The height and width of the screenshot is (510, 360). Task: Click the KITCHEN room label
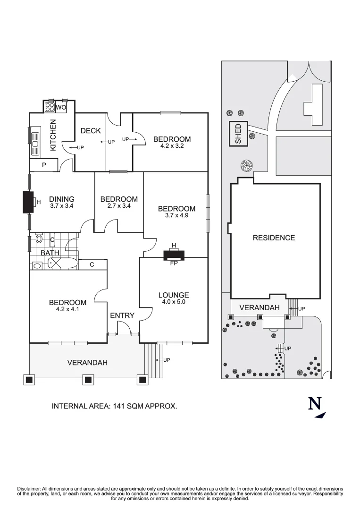coord(53,135)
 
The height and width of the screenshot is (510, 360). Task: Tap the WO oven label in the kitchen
coord(60,108)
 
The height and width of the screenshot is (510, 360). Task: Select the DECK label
coord(91,131)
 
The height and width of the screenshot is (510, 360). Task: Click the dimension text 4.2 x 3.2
coord(172,146)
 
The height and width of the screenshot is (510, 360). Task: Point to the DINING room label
coord(62,199)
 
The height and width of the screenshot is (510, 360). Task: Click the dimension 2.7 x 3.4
coord(119,206)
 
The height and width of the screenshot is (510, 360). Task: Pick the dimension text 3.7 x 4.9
coord(176,215)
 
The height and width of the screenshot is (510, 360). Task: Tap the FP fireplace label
coord(174,263)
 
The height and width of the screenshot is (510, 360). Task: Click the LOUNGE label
coord(174,295)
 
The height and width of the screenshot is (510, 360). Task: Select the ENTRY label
coord(122,315)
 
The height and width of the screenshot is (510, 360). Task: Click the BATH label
coord(50,253)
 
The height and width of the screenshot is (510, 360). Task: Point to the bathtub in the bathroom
coord(60,264)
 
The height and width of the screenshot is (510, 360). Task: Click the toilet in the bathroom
coord(39,239)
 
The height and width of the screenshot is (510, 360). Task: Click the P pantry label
coord(44,166)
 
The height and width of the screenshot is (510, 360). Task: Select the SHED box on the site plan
coord(238,134)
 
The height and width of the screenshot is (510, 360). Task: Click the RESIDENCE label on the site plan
coord(274,238)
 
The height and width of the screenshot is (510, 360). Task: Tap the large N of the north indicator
coord(315,404)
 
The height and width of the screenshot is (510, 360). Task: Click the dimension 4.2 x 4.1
coord(67,309)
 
